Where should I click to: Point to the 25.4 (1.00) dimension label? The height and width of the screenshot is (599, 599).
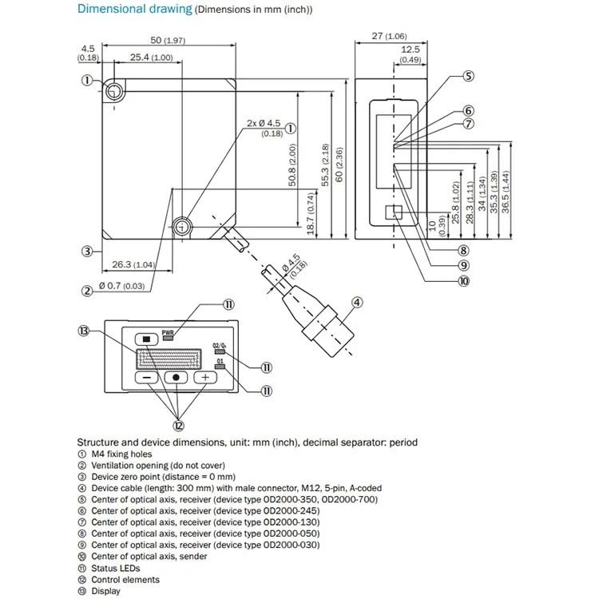tap(150, 58)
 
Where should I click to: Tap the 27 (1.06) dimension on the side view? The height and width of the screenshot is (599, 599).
tap(390, 36)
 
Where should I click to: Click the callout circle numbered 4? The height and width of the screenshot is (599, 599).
tap(357, 302)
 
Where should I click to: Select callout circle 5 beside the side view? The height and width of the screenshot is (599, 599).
tap(468, 77)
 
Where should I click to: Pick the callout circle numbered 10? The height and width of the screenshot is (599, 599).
tap(464, 280)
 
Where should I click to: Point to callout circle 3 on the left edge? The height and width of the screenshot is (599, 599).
tap(87, 251)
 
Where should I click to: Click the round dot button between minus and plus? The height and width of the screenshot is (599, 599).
tap(176, 377)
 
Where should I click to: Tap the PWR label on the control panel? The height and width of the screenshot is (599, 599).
tap(168, 331)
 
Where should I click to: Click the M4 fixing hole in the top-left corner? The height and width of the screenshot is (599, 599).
tap(117, 89)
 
